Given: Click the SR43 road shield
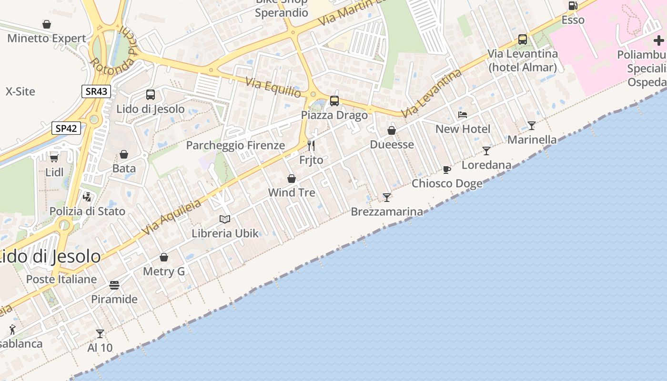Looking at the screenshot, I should pos(96,91).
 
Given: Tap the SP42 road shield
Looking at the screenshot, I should pos(66,128).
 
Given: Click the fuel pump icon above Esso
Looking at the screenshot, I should pos(573,6).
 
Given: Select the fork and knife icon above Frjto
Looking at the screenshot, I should pos(311,146).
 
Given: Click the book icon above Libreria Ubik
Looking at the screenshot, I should pos(225,219).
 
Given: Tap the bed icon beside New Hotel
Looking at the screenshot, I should pos(463,115).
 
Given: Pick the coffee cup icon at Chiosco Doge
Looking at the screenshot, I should pos(446,170).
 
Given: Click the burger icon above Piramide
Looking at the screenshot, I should pos(114,285).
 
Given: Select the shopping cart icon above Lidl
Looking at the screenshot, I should pos(54,158).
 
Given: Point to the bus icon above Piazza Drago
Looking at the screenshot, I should pos(334,101).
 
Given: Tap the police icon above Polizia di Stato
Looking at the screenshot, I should pos(87,197).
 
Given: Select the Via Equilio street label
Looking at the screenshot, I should pos(273,87).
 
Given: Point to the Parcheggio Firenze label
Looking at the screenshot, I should pos(235,145).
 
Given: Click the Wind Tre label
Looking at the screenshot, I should pos(292,192).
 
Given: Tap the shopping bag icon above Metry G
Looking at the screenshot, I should pos(164,257).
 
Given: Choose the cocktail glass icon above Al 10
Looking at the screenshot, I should pos(100,333).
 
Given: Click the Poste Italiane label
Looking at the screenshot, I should pos(61,279).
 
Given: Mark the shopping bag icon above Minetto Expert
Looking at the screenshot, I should pos(47,24).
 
